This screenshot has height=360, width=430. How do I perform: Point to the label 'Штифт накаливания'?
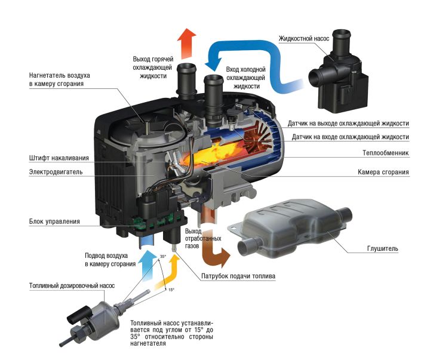click(59, 158)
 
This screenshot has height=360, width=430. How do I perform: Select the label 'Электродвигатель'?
click(56, 173)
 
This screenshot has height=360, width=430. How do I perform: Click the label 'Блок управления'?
click(54, 221)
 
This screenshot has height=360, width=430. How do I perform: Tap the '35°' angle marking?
click(163, 257)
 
